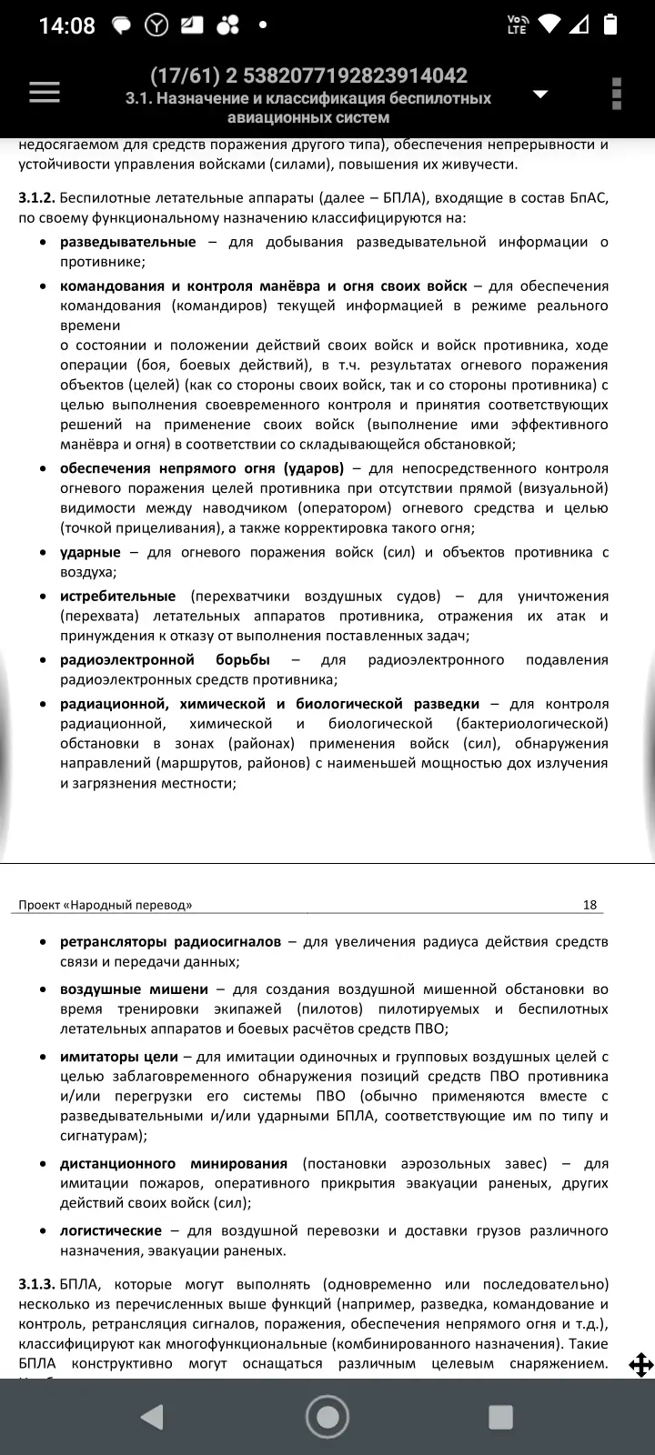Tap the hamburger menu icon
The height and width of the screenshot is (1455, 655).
pos(45,93)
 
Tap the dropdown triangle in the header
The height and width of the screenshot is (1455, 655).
pos(540,95)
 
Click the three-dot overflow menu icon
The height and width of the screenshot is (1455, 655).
pos(617,94)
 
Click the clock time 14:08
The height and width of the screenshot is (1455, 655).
pos(66,25)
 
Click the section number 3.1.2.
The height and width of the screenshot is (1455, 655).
pos(36,198)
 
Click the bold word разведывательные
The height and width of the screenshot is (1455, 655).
pos(127,242)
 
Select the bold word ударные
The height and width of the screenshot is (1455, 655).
pos(90,552)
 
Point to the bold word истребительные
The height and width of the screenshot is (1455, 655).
pos(117,596)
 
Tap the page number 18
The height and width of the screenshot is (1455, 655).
pos(589,905)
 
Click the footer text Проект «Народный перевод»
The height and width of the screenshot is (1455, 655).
pos(106,905)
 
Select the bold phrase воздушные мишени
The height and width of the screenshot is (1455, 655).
pos(134,988)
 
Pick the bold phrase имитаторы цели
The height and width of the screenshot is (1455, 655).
pos(118,1057)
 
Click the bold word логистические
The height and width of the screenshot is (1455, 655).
pos(111,1230)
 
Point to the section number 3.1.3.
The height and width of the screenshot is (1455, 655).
pos(36,1284)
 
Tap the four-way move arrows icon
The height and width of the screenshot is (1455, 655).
pos(640,1365)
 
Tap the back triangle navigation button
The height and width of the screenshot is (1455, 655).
pos(151,1417)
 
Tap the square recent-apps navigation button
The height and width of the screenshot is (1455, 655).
pos(500,1417)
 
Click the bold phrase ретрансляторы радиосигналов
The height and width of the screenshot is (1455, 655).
pos(170,942)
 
